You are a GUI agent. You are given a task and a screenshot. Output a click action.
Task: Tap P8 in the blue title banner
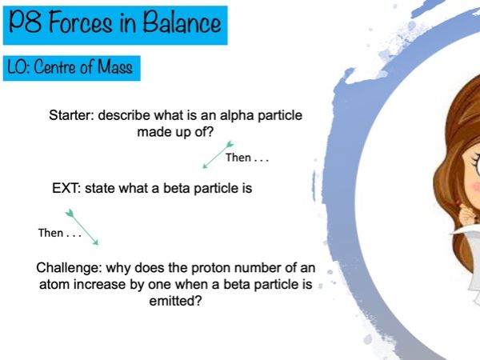coord(25,22)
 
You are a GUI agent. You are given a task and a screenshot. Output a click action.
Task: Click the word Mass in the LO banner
coord(115,66)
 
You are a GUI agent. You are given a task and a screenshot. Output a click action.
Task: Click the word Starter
coord(72,115)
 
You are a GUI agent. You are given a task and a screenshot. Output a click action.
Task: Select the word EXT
coord(66,188)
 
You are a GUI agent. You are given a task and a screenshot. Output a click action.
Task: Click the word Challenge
coord(69,268)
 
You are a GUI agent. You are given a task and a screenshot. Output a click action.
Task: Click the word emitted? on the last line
coord(175,302)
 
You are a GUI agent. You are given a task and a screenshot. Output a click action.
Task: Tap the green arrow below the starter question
coord(218,155)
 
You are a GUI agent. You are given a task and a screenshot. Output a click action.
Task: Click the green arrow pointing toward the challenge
coord(82,227)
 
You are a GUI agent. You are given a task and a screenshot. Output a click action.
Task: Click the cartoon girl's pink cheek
coord(475,186)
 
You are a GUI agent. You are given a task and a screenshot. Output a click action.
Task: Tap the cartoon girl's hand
coord(468,214)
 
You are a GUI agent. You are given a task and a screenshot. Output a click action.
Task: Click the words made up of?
coord(175,133)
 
